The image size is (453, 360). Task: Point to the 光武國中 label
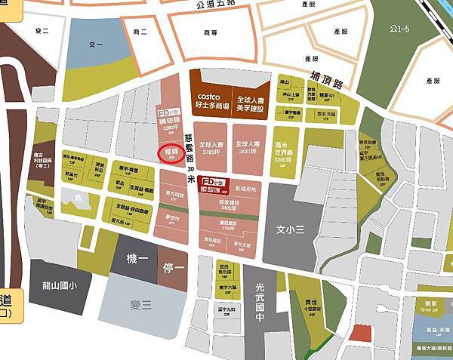262,298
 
